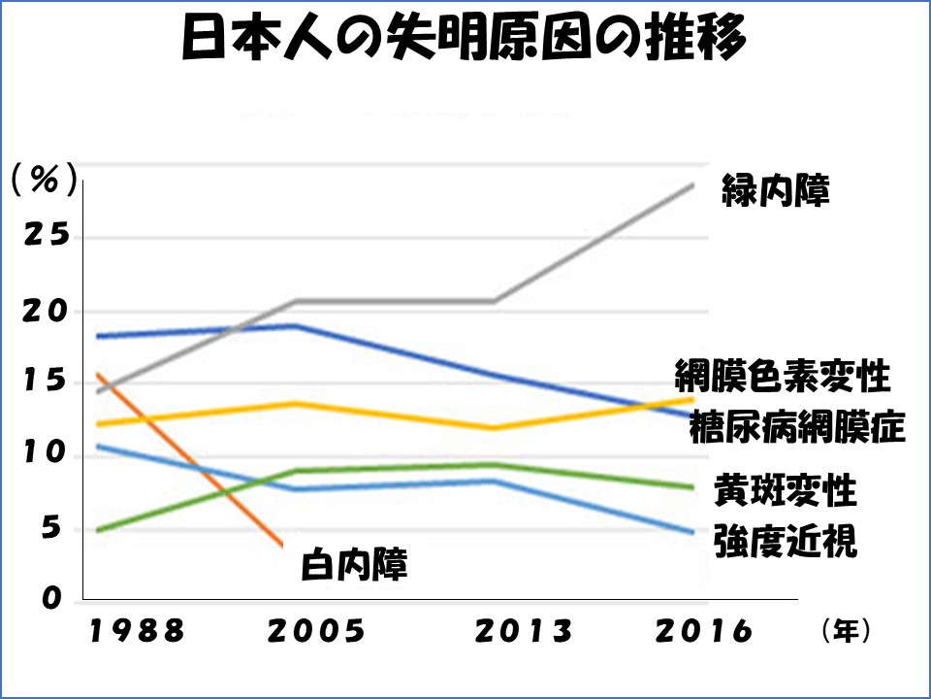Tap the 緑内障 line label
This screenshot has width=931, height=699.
point(776,190)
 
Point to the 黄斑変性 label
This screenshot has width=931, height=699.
point(785,491)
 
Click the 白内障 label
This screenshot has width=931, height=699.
point(353,564)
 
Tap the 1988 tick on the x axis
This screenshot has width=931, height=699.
point(138,632)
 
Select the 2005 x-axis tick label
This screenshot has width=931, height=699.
point(316,632)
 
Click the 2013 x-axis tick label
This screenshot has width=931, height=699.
point(525,632)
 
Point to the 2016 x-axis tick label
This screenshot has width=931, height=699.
point(704,632)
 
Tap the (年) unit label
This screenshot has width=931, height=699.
point(846,632)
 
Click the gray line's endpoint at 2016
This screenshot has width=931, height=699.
point(693,183)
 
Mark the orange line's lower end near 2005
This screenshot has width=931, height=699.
point(281,546)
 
